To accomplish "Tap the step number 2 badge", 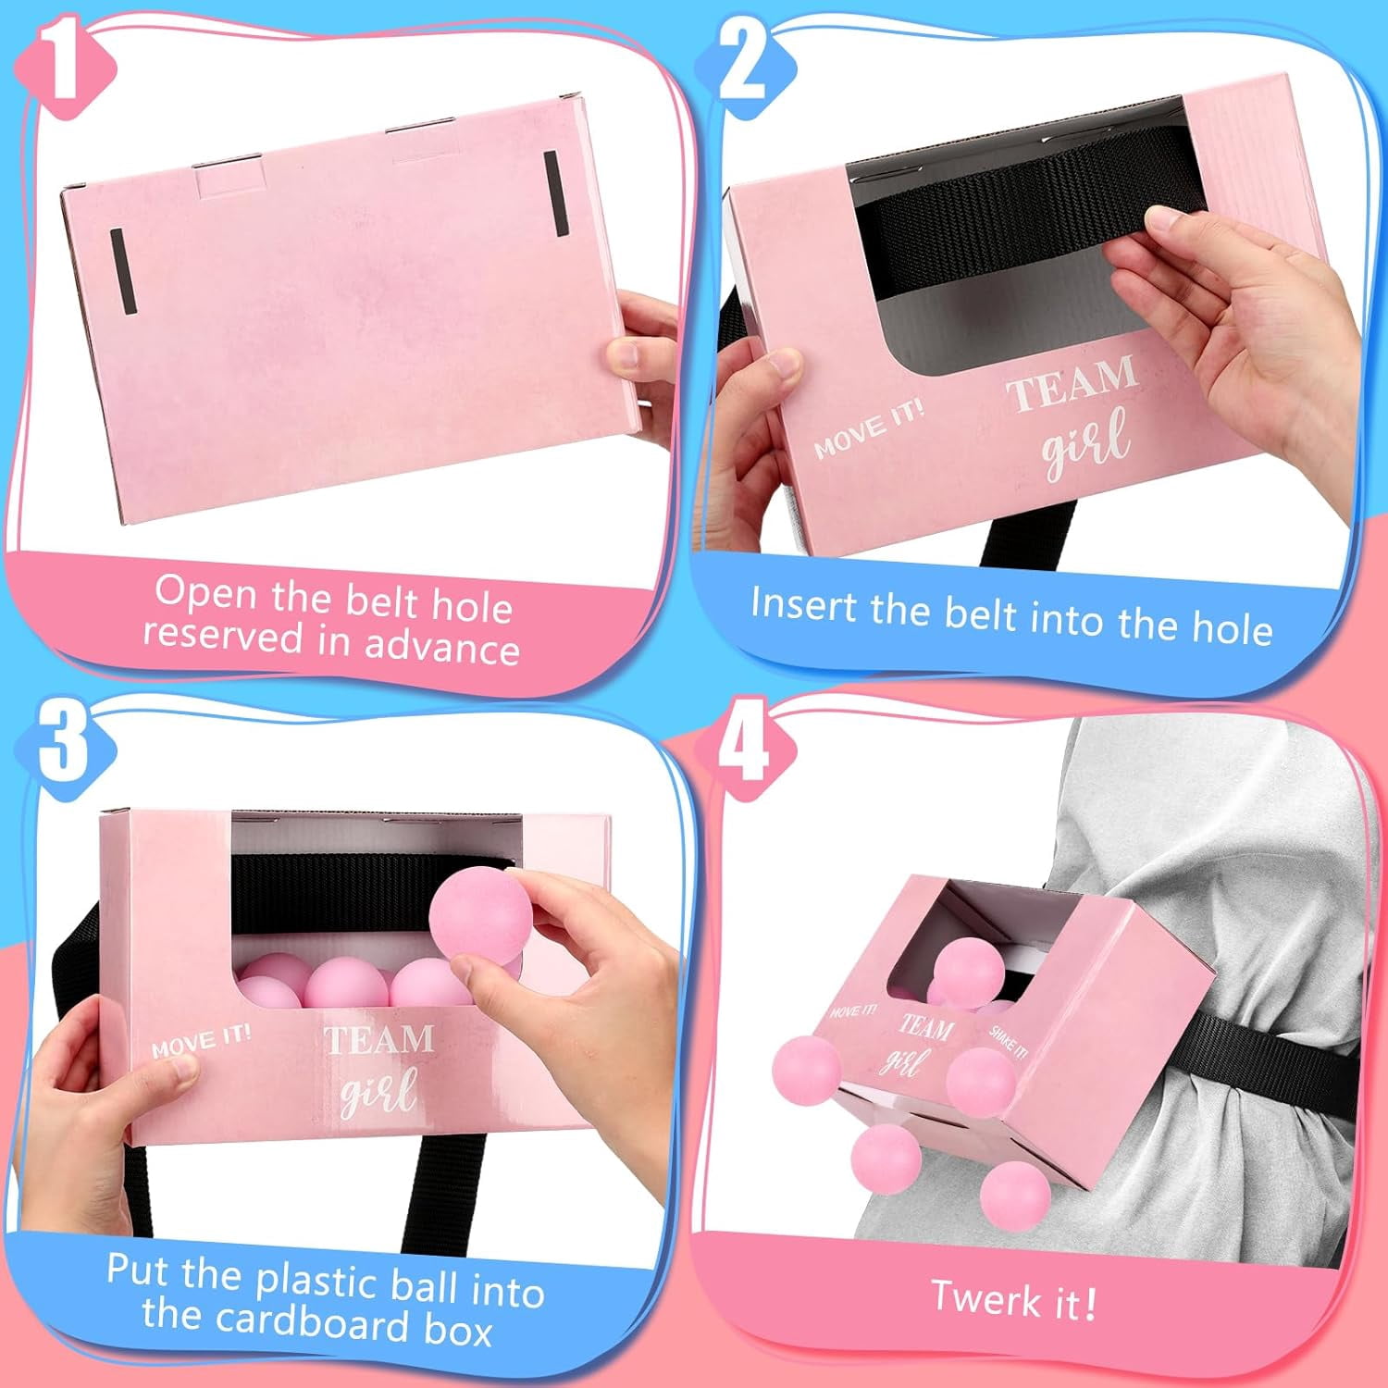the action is point(746,66).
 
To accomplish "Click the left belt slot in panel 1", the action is point(123,271).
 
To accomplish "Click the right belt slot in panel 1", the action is point(555,193).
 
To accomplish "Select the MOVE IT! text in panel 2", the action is point(868,428).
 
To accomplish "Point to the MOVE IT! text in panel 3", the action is point(201,1040).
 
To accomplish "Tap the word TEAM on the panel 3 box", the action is point(378,1039).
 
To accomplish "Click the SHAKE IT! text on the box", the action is point(1008,1041).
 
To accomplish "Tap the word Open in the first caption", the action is point(206,593).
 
